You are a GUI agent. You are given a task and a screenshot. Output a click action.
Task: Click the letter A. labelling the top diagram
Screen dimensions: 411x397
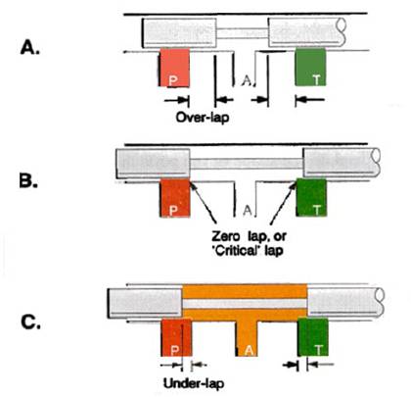coord(30,48)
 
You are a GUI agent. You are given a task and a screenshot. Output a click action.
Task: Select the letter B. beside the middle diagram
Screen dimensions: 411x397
coord(28,180)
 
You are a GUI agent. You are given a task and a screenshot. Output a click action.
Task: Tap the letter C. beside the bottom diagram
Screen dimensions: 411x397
coord(30,323)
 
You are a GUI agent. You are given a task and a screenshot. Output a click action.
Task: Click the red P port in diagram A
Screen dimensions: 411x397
coord(174,68)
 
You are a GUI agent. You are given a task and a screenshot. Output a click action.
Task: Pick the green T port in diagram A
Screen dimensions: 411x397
coord(310,67)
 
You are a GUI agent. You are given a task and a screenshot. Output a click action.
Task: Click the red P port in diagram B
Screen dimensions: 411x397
coord(175,198)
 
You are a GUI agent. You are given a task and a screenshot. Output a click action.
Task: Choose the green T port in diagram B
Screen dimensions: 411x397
coord(311,197)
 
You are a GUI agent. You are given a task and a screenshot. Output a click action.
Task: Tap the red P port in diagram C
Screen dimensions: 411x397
coord(176,337)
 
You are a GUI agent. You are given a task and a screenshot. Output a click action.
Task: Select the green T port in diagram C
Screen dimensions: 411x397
coord(313,337)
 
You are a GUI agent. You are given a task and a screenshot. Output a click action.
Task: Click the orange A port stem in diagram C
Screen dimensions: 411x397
coord(247,338)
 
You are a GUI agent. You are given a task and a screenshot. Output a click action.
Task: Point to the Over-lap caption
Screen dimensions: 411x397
coord(203,117)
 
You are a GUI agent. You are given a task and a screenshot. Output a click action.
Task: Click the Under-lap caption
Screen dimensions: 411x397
coord(194,383)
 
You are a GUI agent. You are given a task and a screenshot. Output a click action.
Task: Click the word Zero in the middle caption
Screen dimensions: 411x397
coord(225,235)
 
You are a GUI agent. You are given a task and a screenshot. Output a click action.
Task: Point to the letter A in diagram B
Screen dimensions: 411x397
coord(248,211)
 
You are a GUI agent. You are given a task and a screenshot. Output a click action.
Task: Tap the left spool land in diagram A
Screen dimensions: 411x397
coord(179,32)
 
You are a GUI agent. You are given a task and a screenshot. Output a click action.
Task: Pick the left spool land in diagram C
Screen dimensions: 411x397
coord(145,303)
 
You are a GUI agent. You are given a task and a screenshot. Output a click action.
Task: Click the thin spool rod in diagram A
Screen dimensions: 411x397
coord(243,32)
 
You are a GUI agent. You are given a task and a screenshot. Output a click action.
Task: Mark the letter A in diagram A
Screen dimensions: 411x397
coord(247,79)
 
